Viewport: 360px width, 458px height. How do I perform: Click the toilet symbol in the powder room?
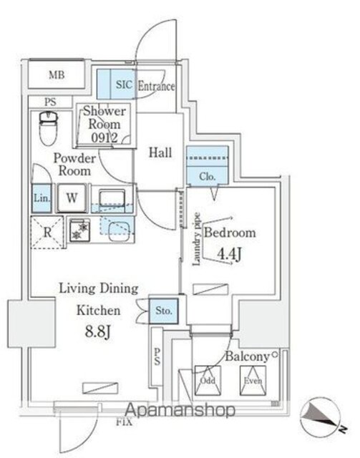point(48,128)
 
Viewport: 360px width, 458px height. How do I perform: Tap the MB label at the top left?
point(57,75)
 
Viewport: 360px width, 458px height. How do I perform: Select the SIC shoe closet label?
point(125,84)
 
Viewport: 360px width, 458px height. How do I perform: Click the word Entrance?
point(156,86)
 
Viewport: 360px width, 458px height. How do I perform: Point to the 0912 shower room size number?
point(104,137)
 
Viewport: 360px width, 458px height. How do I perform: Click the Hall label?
point(160,152)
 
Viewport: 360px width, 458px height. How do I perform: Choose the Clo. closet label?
point(208,177)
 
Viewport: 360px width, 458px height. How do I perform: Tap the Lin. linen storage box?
point(42,198)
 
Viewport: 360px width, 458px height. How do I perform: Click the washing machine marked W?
point(72,198)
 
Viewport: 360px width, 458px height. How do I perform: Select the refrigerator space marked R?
point(47,233)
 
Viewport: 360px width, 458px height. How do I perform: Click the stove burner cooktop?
point(79,230)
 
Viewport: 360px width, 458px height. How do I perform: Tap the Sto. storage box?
point(164,311)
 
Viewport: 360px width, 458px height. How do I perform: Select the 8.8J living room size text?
point(98,332)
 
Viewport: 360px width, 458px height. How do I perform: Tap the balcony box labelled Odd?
point(208,380)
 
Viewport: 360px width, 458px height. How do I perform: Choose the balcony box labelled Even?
point(253,380)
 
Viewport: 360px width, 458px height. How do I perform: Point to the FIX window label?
point(125,422)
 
